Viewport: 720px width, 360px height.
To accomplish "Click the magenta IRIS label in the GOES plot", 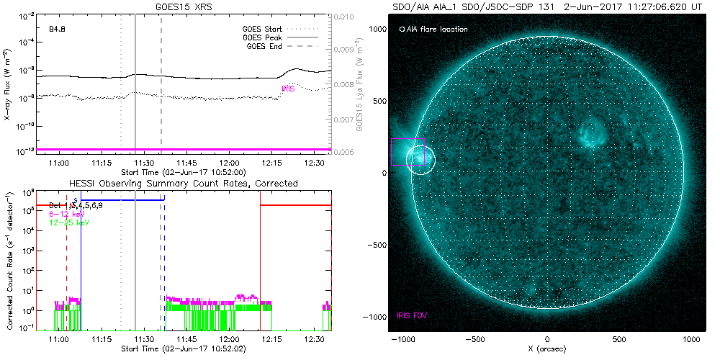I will (x=289, y=89).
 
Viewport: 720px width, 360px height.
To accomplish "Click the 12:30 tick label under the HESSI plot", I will (x=314, y=338).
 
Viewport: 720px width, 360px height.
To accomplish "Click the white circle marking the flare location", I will (x=421, y=159).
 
